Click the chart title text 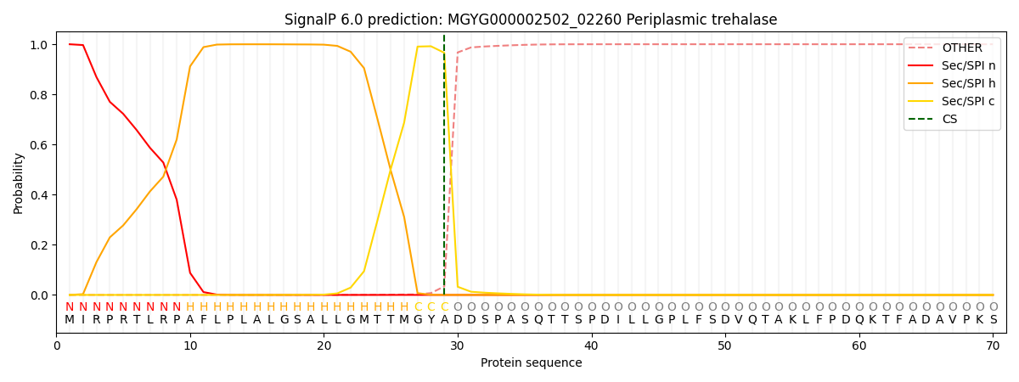(531, 20)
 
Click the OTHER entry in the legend (961, 48)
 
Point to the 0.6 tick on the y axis (39, 145)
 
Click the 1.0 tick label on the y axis (39, 45)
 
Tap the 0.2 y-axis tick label (39, 245)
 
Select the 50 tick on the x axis (724, 345)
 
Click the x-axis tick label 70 (993, 345)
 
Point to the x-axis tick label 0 (57, 345)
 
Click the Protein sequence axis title (531, 363)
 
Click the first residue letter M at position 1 (70, 320)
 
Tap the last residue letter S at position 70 (993, 320)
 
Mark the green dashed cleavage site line (444, 170)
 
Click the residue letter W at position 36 (538, 320)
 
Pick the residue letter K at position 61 (872, 320)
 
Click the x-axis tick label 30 (458, 345)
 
